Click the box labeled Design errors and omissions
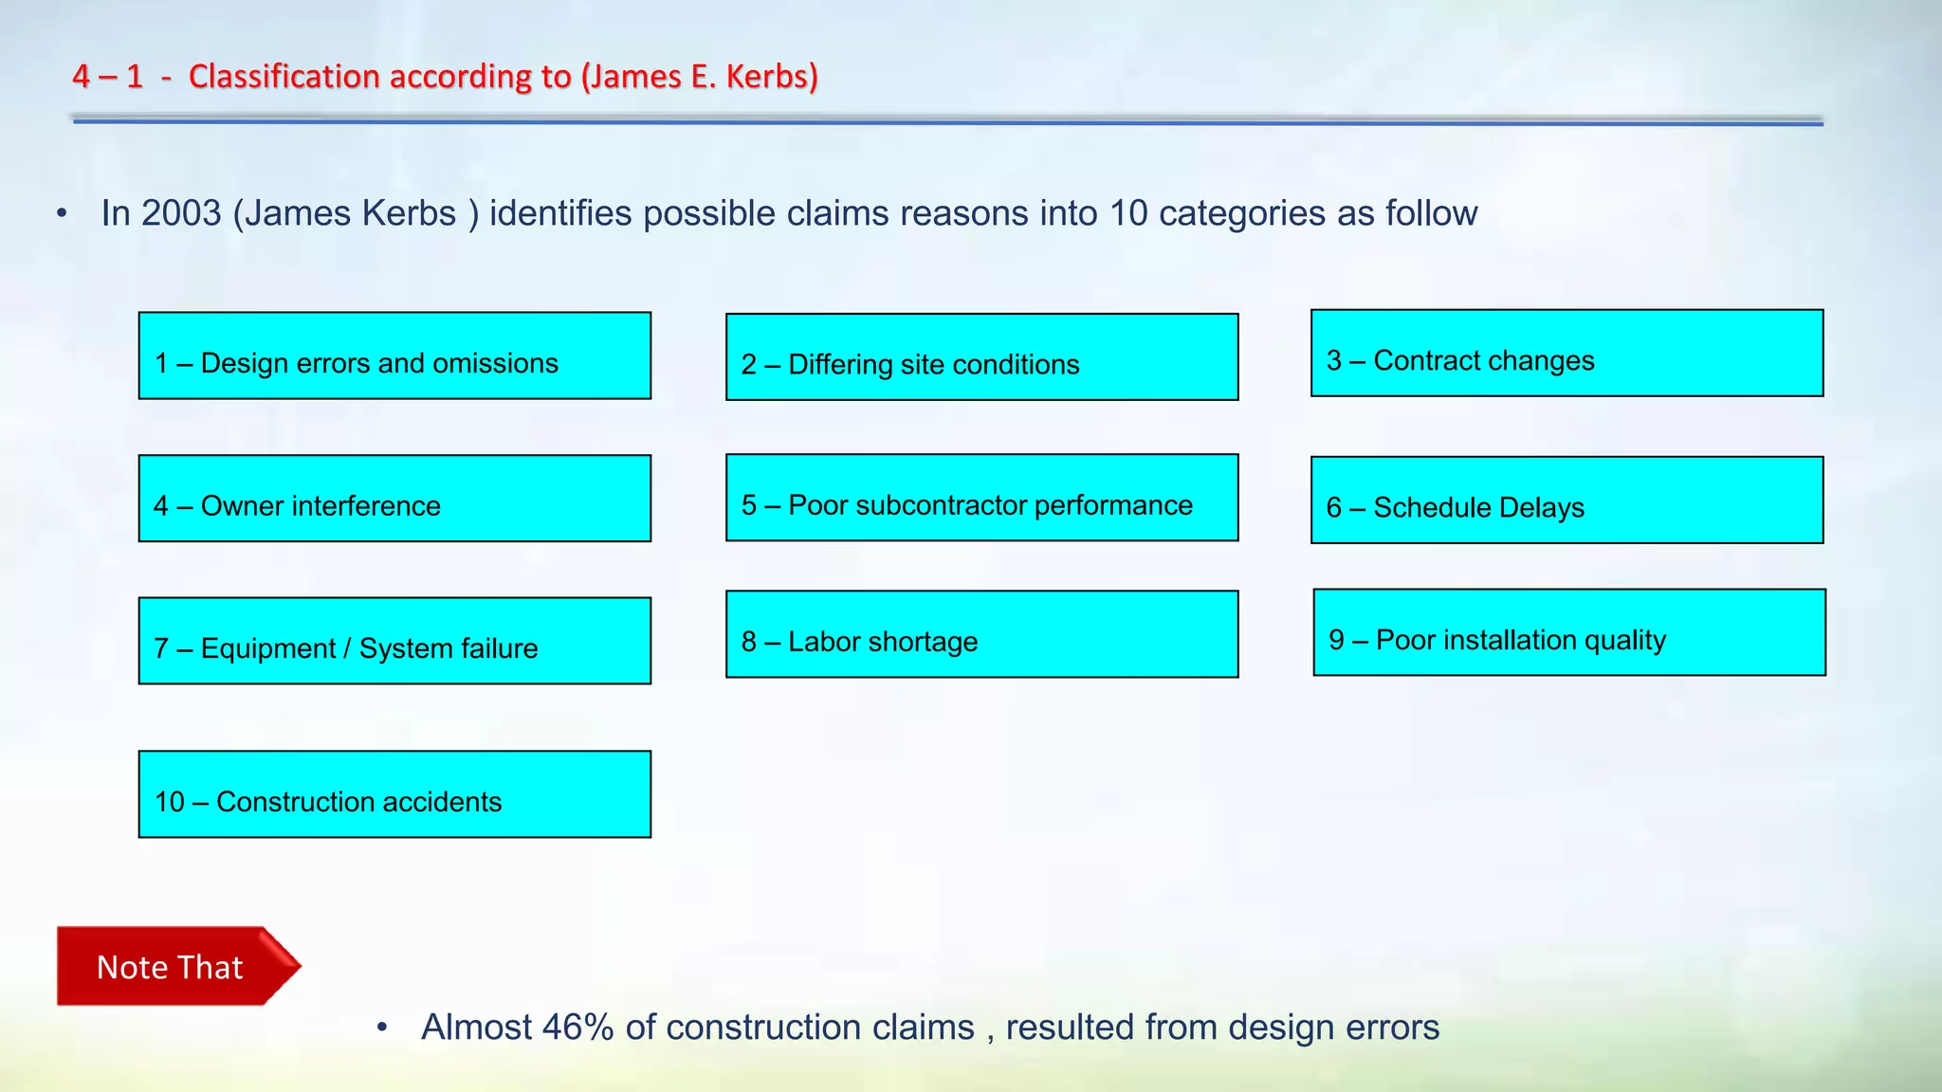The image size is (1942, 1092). (394, 355)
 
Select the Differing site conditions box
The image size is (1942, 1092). (981, 357)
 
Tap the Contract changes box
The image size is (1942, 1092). (1566, 353)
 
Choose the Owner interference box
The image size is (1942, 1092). (394, 499)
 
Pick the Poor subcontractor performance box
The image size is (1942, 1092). (981, 498)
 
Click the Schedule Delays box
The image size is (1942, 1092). (1566, 500)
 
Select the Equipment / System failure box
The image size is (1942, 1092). (394, 641)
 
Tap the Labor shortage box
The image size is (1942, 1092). (981, 634)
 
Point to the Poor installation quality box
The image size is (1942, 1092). (1568, 632)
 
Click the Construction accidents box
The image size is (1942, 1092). (394, 794)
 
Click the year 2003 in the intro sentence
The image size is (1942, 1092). (181, 213)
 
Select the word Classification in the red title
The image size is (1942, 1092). (284, 76)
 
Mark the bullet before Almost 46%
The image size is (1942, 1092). (382, 1028)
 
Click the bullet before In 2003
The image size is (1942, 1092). (63, 213)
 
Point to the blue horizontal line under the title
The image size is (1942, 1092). (948, 121)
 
